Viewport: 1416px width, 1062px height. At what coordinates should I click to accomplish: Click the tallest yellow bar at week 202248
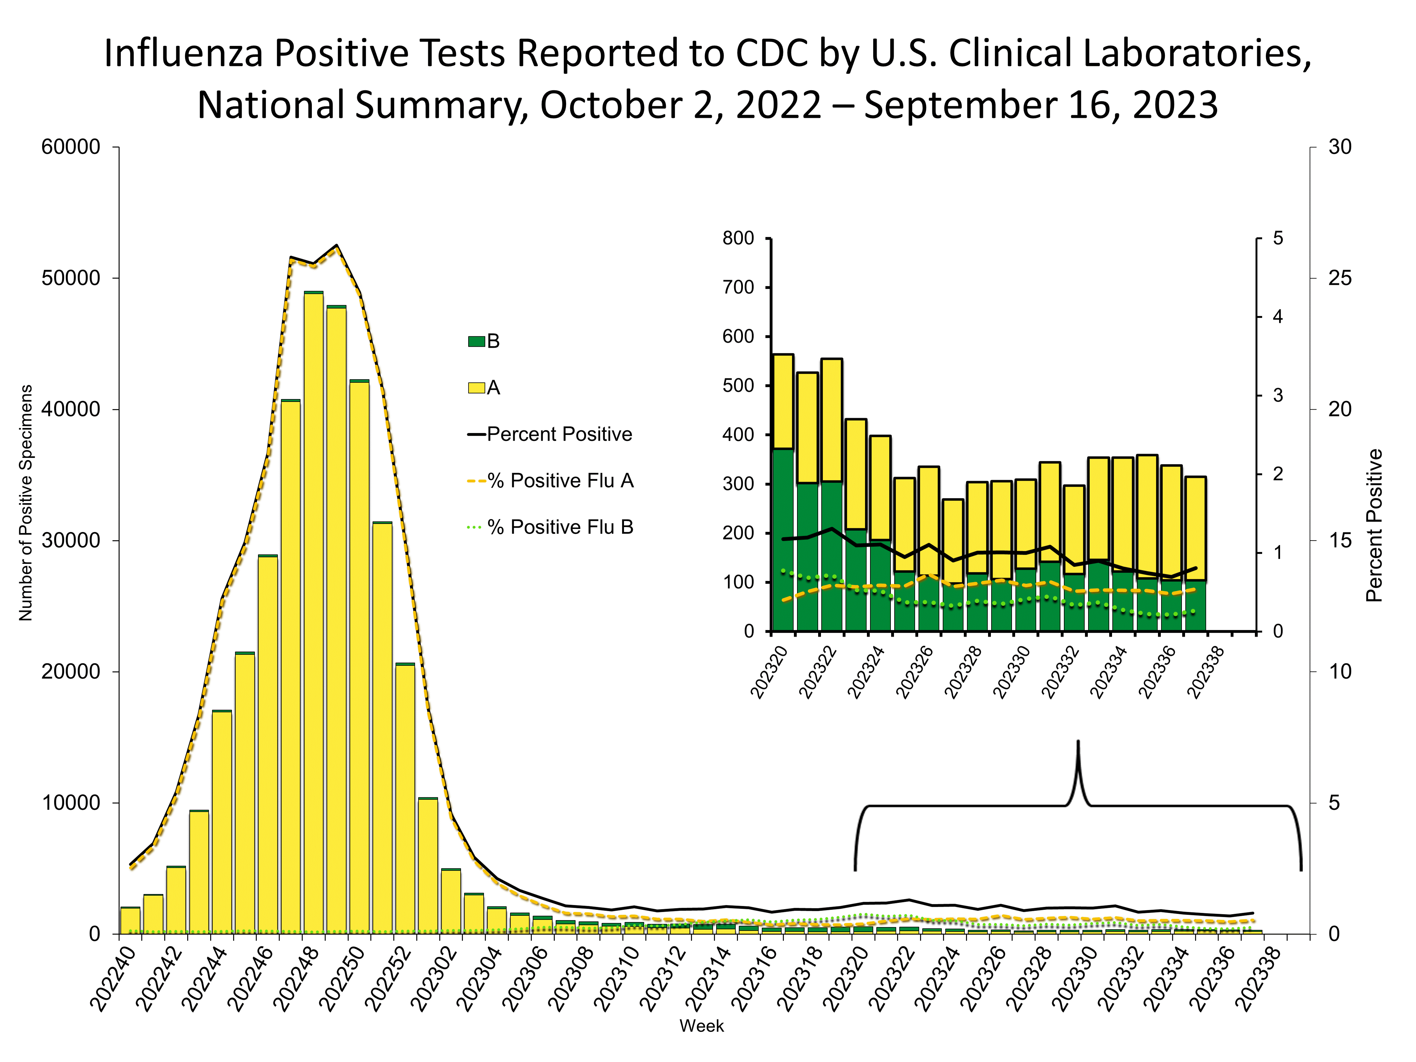tap(313, 608)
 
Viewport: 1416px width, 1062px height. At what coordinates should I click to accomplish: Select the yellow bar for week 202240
tap(130, 920)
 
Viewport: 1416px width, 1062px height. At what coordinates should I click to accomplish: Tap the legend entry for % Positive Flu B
tap(559, 527)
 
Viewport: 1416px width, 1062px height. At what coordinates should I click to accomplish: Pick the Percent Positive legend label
tap(559, 434)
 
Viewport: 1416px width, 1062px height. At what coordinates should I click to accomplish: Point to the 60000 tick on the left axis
tap(71, 147)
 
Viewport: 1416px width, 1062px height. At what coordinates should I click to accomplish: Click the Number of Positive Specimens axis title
tap(25, 503)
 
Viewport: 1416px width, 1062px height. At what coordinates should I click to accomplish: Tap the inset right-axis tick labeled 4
tap(1278, 317)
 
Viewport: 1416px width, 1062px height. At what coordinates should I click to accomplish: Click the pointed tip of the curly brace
tap(1078, 743)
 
